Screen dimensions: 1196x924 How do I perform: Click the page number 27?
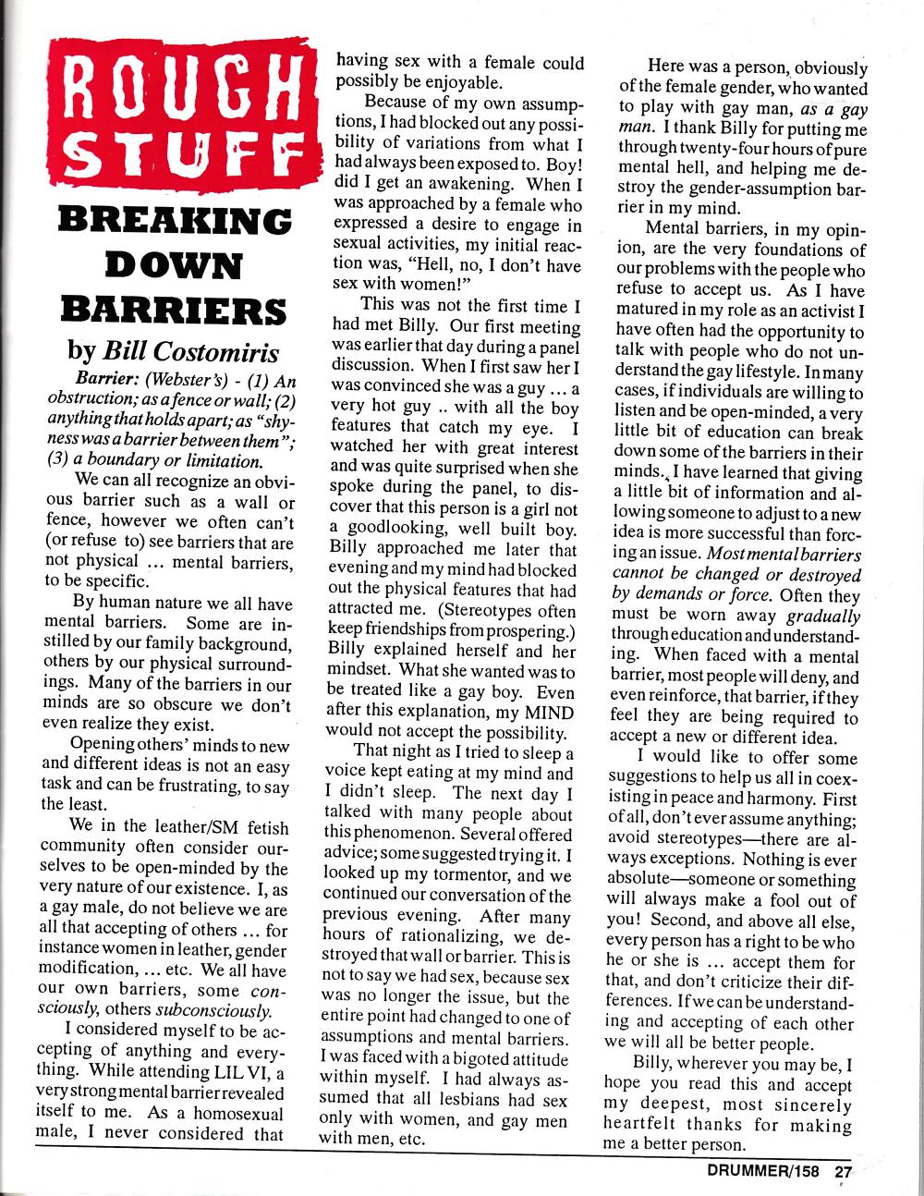coord(845,1172)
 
